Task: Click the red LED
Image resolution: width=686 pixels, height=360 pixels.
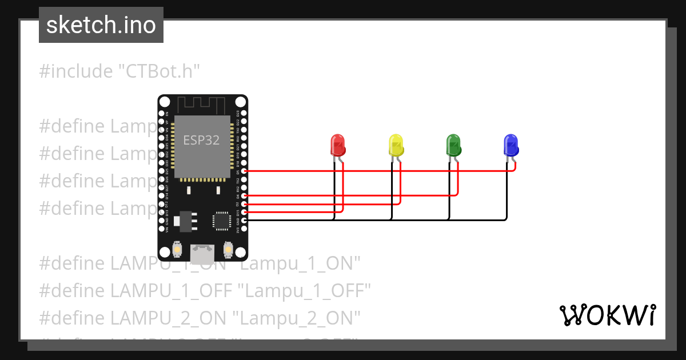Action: (338, 145)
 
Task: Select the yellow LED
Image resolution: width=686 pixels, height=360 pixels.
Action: (396, 145)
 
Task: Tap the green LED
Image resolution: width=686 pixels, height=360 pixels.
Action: (453, 145)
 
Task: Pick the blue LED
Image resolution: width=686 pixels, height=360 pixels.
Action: (510, 145)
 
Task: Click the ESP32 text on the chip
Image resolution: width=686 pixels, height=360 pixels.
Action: (201, 140)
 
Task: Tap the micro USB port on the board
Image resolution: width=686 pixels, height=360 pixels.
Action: (202, 254)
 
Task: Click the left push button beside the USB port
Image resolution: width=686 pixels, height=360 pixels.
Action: (178, 250)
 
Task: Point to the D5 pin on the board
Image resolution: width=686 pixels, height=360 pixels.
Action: (245, 171)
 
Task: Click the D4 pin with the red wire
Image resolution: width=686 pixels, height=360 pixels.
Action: (245, 195)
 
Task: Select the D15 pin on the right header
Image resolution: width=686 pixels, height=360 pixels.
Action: (245, 212)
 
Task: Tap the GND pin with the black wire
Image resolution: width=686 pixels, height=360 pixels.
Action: (245, 220)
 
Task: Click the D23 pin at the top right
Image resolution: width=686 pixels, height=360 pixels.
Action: (245, 113)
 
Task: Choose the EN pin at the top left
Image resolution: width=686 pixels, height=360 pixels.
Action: (162, 113)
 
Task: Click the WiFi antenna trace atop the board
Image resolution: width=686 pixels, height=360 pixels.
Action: (202, 105)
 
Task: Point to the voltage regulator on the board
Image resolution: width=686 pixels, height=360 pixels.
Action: (186, 219)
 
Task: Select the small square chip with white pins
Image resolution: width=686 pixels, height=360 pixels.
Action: (221, 221)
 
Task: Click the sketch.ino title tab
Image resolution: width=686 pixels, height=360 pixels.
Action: (101, 25)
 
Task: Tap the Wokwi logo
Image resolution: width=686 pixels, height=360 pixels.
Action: (607, 315)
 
